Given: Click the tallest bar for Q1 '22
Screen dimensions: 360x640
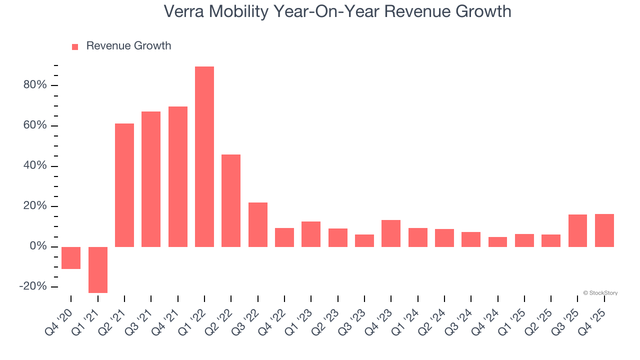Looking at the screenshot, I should point(204,156).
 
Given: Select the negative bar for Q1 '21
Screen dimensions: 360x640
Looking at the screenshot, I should point(98,269).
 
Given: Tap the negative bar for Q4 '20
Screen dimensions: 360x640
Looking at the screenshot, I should point(71,258).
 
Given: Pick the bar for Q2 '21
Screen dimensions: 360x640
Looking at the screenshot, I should point(124,185).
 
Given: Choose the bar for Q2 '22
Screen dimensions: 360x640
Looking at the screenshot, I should point(231,200).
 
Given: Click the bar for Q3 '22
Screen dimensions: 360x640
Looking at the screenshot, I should point(258,224).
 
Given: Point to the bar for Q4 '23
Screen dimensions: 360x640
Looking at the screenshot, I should point(391,233).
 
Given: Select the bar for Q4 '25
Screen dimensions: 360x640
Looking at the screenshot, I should point(604,230).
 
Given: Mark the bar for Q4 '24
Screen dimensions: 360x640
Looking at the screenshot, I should point(497,242).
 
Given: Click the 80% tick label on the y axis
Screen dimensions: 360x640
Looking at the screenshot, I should point(35,85).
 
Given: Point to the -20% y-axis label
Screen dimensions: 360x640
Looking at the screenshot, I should point(33,286).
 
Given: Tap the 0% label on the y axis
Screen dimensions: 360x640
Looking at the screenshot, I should point(38,246).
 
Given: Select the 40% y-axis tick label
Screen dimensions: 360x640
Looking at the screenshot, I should point(35,166).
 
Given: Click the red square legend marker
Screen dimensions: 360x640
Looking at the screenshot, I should point(75,47).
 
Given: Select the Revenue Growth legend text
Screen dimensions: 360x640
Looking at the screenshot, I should point(128,46).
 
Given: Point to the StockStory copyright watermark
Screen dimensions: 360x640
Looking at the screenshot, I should point(600,293).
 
